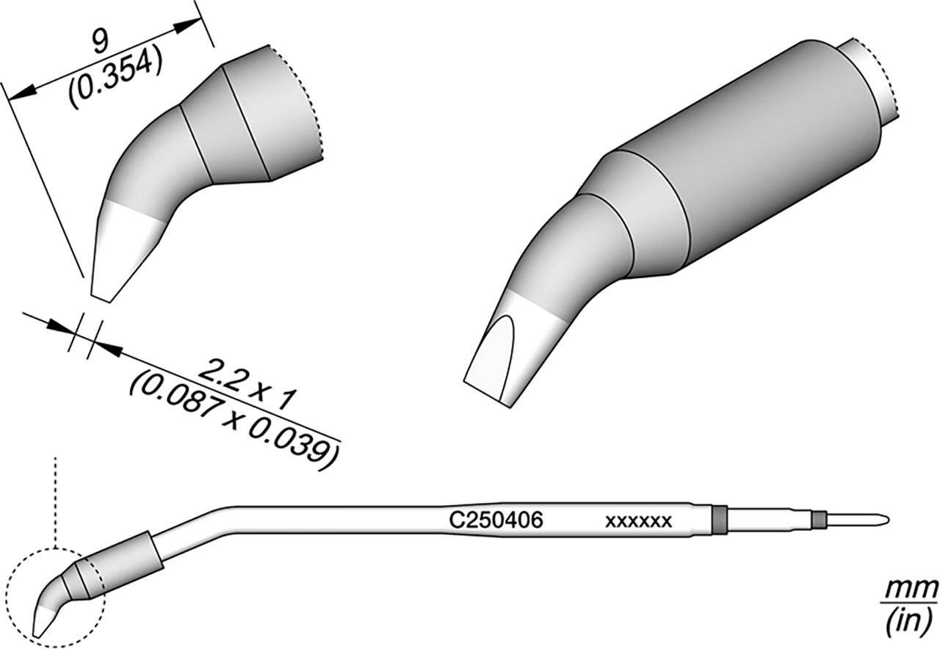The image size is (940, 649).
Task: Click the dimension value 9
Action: coord(101,43)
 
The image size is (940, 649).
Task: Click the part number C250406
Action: coord(496,521)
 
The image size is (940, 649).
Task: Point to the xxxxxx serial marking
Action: coord(638,521)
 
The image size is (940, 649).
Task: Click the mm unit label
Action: coord(911,590)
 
